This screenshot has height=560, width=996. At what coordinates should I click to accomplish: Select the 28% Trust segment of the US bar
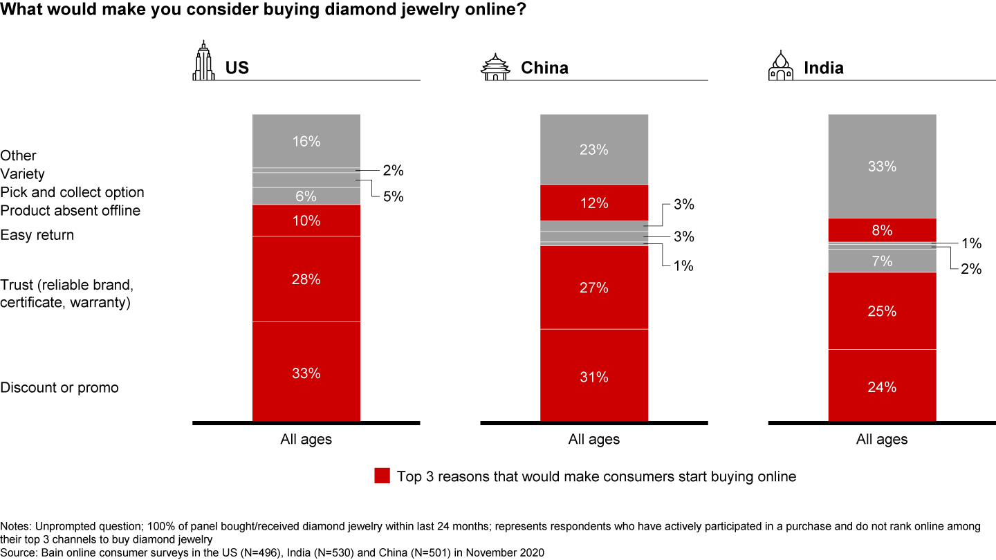point(306,279)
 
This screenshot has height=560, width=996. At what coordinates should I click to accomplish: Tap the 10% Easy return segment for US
point(306,221)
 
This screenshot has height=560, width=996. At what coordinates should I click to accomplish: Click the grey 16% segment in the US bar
point(306,141)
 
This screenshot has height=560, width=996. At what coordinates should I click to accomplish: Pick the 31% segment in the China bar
point(594,376)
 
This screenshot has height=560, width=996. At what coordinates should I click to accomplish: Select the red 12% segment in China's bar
point(594,203)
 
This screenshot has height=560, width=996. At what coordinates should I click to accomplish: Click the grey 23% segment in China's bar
point(594,149)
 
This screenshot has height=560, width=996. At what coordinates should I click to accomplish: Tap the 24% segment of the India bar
point(882,386)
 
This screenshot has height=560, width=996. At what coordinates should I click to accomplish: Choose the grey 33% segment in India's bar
point(882,166)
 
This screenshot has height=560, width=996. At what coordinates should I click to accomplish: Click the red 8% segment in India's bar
point(882,230)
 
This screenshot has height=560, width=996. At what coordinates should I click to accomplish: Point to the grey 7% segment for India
point(882,261)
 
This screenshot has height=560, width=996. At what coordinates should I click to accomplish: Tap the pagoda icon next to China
point(495,66)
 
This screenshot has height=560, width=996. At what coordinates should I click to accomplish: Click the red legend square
point(382,476)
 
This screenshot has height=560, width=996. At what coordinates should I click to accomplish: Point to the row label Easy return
point(37,235)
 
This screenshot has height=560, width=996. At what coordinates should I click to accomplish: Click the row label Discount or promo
point(59,387)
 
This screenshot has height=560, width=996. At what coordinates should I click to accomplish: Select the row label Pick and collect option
point(72,192)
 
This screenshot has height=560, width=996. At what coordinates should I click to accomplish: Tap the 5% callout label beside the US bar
point(393,197)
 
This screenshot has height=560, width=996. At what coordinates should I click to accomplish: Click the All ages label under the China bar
point(594,439)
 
